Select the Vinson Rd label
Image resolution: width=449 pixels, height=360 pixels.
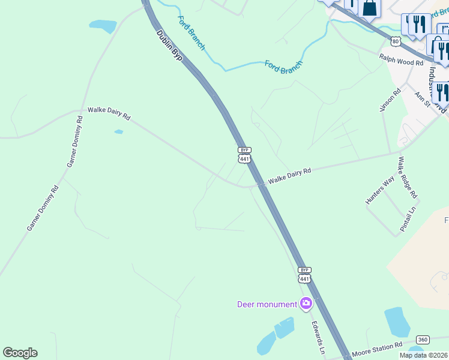click(390, 100)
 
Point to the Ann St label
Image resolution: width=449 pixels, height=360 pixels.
click(423, 100)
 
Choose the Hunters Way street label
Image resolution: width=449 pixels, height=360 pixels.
click(380, 191)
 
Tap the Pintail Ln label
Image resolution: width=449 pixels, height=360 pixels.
click(408, 220)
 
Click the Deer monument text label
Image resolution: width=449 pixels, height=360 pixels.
click(267, 304)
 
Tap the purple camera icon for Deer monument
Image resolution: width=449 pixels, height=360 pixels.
click(306, 304)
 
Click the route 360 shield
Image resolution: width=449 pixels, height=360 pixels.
click(423, 340)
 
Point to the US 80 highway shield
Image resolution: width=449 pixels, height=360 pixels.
click(394, 41)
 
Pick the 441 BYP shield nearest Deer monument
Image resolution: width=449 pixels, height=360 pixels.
click(304, 275)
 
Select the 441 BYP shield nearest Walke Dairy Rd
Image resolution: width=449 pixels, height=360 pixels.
click(244, 155)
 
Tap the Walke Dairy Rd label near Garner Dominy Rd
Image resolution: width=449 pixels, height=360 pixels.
click(109, 113)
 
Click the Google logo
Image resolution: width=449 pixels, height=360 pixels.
click(20, 353)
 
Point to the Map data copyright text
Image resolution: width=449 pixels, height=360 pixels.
click(423, 355)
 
